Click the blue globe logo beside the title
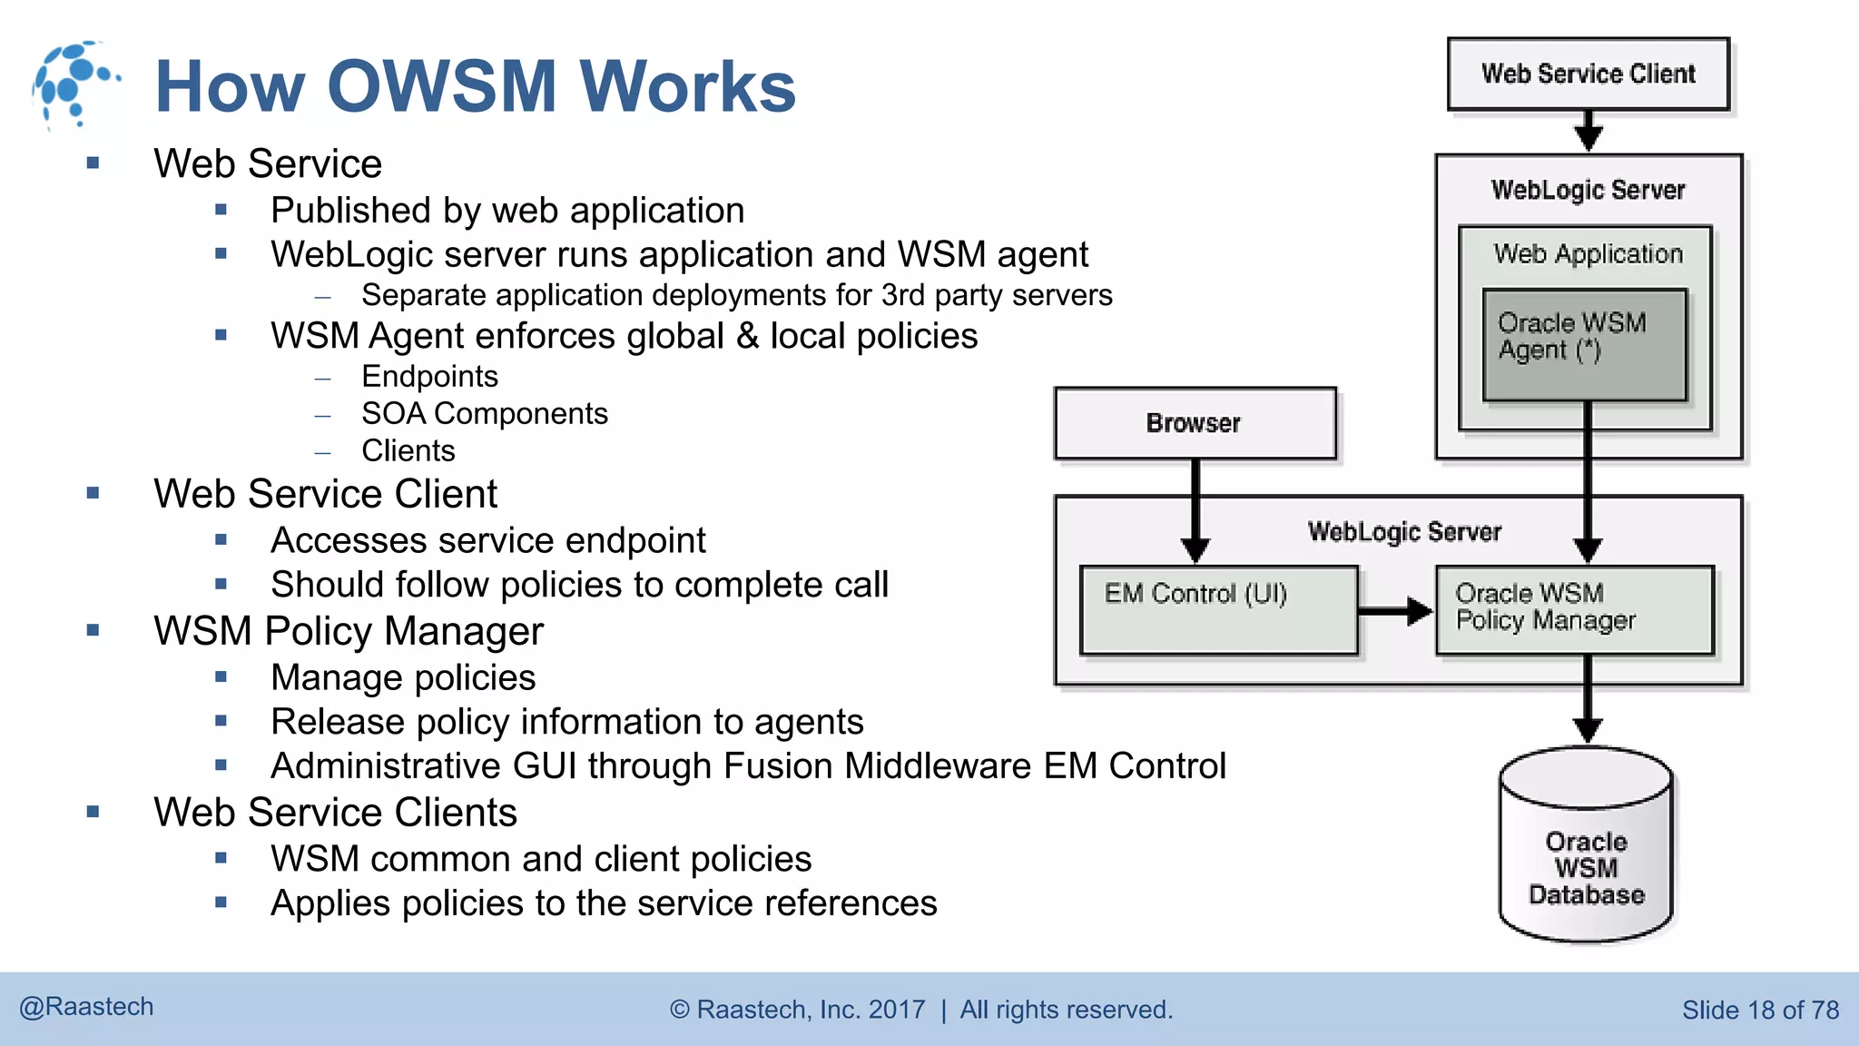(x=73, y=84)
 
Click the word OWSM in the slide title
(x=441, y=86)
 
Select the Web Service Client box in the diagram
(x=1588, y=74)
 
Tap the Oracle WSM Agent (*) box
(x=1584, y=345)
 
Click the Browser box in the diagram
(x=1194, y=423)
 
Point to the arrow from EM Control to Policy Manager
(x=1395, y=611)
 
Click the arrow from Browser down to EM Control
(x=1195, y=508)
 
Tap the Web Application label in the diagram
(x=1588, y=253)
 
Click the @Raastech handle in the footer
(x=87, y=1007)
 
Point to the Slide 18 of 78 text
(x=1759, y=1010)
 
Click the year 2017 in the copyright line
(x=896, y=1010)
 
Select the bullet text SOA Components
(x=484, y=414)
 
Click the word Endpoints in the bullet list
(x=429, y=376)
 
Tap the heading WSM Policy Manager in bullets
(x=348, y=631)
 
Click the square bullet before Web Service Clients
(x=93, y=812)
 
